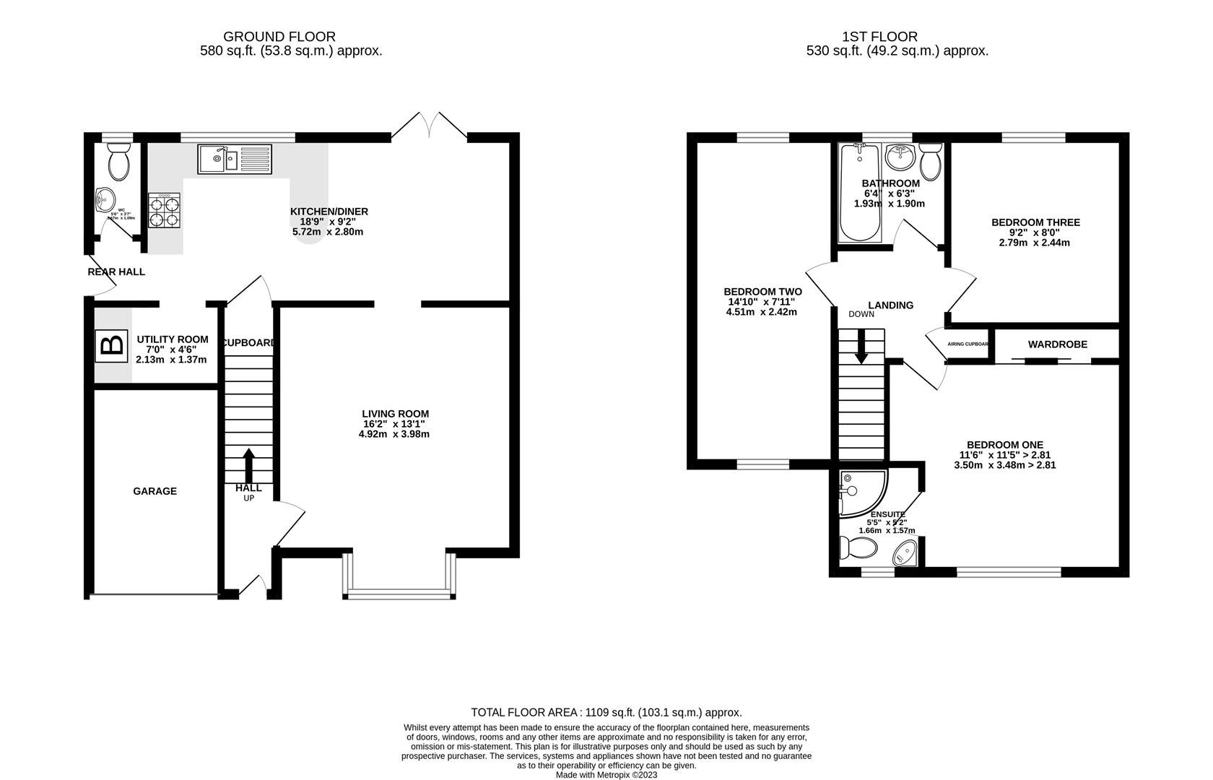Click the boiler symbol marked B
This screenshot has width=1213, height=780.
110,346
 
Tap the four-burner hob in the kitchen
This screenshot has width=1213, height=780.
164,210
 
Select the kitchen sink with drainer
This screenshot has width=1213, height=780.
235,159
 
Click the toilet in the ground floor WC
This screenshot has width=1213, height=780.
118,160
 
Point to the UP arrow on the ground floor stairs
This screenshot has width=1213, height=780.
248,466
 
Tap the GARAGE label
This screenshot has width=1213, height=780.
155,491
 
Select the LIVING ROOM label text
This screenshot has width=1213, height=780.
395,414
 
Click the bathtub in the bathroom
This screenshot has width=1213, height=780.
858,195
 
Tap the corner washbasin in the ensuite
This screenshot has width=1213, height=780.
905,555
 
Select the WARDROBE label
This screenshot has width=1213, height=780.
1057,344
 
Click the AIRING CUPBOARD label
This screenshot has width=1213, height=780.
968,344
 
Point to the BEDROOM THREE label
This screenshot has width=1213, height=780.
1035,222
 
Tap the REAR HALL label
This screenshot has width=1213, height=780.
116,272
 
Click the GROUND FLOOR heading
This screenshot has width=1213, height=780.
279,36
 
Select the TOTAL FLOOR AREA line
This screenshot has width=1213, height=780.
606,712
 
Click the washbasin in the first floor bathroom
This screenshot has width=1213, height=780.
900,154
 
